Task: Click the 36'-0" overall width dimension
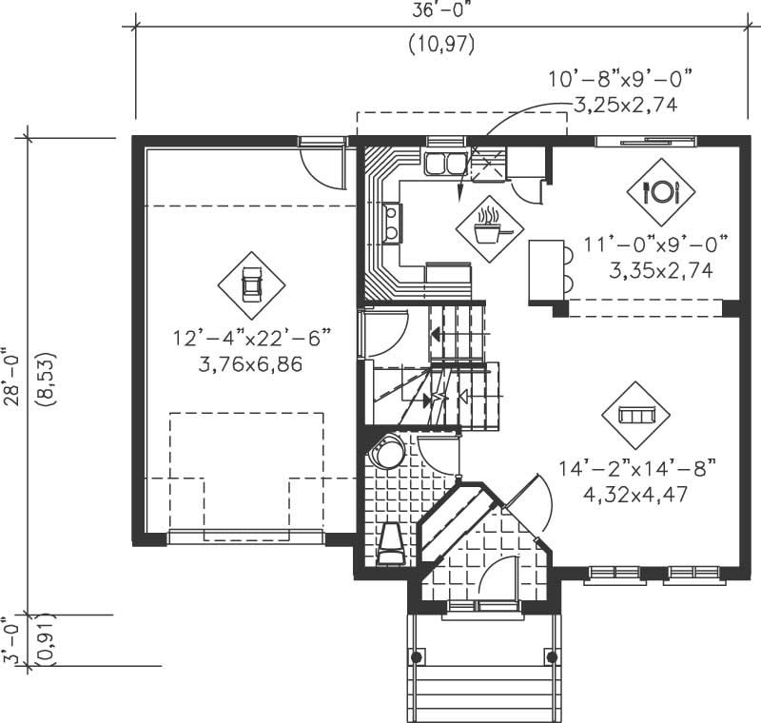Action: [x=440, y=11]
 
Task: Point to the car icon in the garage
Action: [x=252, y=284]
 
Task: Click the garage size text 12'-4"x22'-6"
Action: [x=251, y=339]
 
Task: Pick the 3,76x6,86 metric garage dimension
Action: [x=251, y=363]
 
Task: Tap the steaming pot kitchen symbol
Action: [x=488, y=225]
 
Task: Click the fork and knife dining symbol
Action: [x=660, y=191]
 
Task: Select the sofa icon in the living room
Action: [x=636, y=416]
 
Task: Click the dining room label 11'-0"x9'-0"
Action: [x=656, y=245]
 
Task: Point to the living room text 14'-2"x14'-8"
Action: [x=636, y=468]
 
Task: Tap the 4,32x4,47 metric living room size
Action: [x=636, y=494]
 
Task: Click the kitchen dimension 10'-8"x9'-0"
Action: [x=619, y=78]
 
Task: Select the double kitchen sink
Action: [x=445, y=164]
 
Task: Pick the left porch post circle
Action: [x=416, y=656]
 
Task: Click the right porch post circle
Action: [x=552, y=656]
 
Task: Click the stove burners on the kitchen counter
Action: [x=391, y=225]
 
